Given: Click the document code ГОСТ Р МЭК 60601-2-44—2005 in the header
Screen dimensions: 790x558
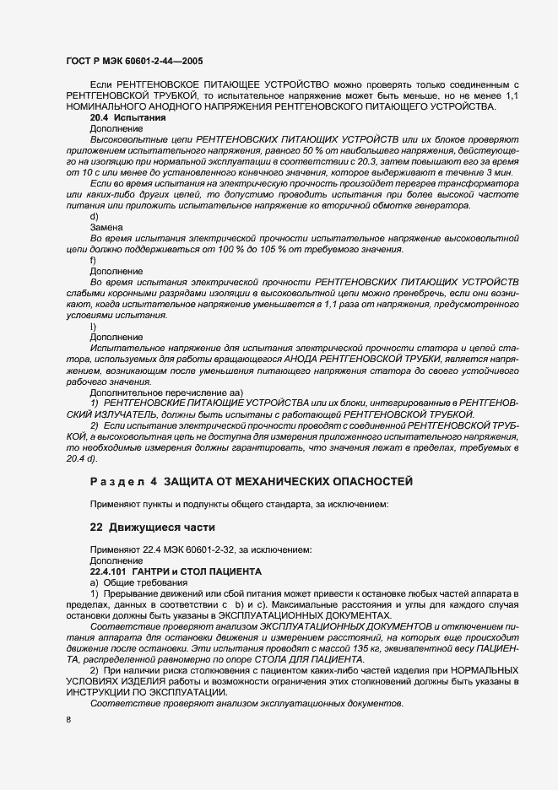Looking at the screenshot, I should click(133, 62).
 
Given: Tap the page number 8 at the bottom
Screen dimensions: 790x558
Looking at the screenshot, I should click(68, 718).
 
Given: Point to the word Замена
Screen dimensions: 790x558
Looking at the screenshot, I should click(106, 228).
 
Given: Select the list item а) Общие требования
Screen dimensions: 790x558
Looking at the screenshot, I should click(140, 583).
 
